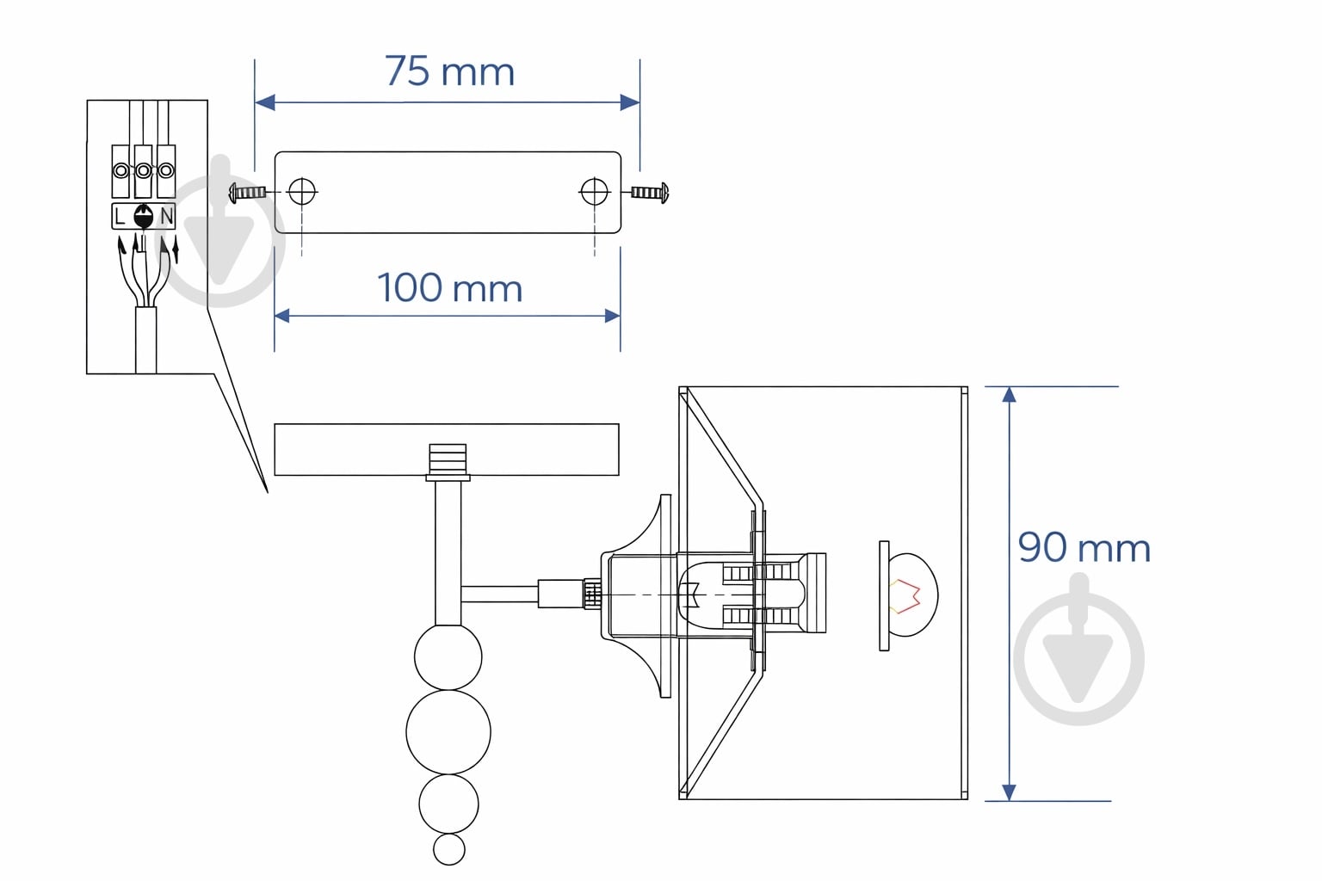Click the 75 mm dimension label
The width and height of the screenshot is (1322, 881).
(450, 71)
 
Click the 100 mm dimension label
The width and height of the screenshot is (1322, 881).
(450, 288)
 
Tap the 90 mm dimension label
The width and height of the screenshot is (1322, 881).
(1084, 547)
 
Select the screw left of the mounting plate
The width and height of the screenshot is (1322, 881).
(247, 192)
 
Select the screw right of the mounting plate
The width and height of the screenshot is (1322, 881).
(650, 193)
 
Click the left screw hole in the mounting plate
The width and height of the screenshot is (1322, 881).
(302, 191)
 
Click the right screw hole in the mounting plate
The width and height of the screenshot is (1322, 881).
(595, 191)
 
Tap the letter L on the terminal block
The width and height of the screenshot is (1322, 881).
(120, 217)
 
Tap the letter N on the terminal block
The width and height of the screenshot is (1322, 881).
(166, 217)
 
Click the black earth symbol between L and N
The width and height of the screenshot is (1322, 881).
(144, 217)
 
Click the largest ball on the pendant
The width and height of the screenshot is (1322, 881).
(448, 731)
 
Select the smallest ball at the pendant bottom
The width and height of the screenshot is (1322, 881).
(449, 849)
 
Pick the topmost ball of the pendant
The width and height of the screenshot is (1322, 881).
(448, 656)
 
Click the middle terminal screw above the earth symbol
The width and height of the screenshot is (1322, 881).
(144, 170)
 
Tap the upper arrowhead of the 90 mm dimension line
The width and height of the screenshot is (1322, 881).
(1010, 394)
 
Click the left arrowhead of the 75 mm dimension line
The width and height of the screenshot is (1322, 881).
(265, 102)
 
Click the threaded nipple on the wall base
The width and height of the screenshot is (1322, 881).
(448, 459)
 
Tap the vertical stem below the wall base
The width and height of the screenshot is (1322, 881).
(448, 553)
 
